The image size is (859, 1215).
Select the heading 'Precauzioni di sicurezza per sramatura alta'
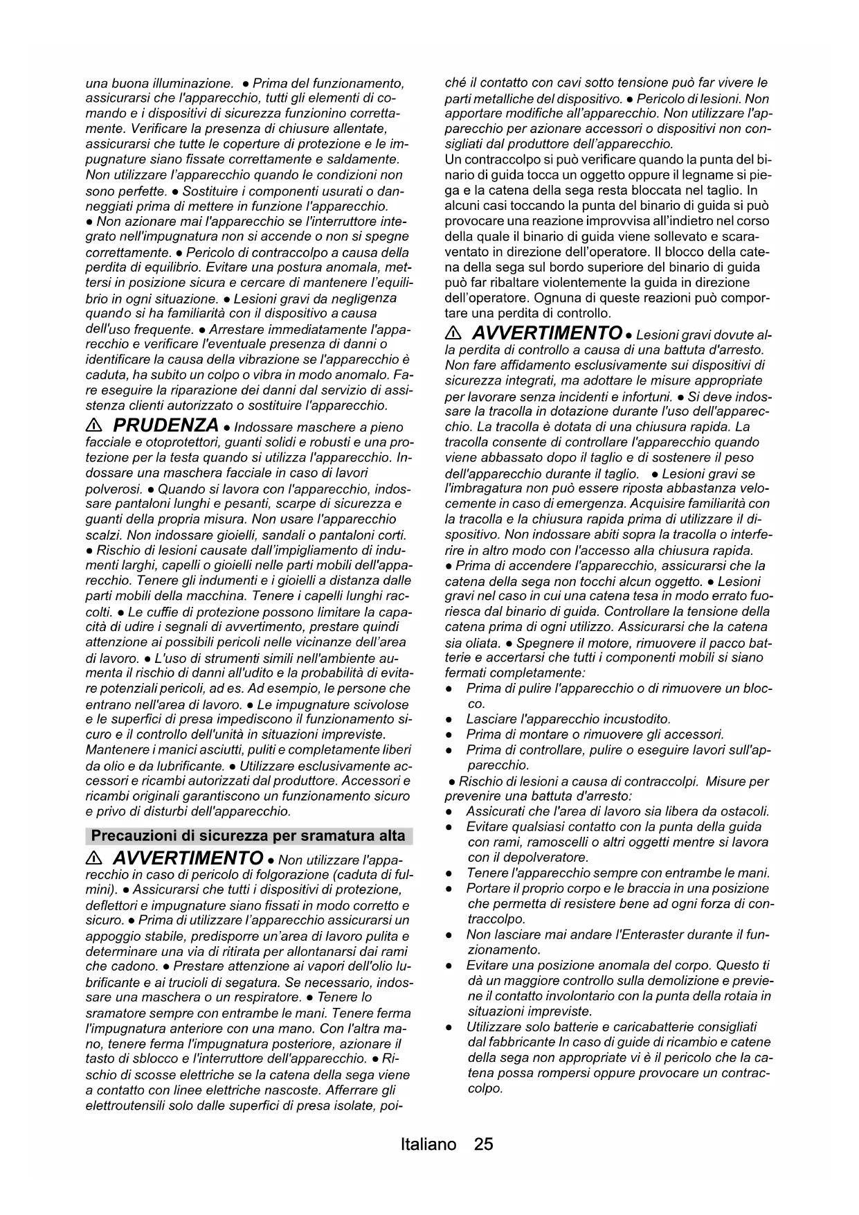(x=248, y=835)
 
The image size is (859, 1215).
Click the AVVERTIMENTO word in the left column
(x=188, y=858)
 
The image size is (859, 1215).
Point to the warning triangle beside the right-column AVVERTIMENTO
(x=454, y=333)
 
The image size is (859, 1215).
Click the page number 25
(x=484, y=1144)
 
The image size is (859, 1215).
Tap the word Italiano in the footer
(x=428, y=1144)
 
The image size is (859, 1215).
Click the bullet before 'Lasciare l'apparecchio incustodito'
(x=451, y=720)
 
